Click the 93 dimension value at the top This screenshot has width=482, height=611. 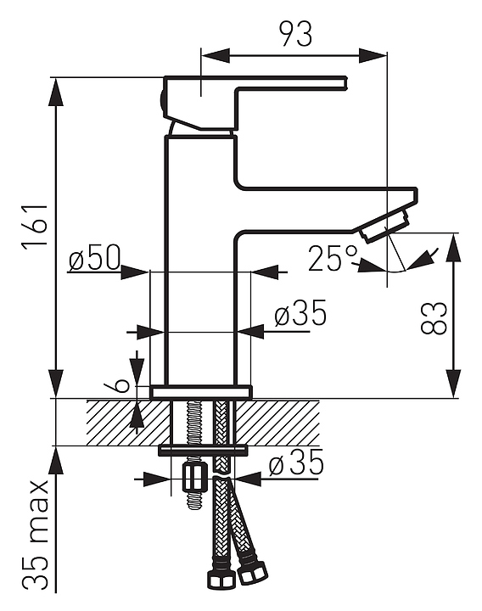click(296, 34)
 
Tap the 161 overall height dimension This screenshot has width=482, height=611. click(36, 225)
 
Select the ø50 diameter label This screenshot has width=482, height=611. click(95, 258)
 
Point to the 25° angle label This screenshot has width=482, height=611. click(333, 258)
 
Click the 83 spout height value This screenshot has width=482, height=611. click(434, 317)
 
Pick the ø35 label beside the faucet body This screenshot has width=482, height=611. click(300, 313)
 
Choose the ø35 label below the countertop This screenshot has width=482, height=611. click(296, 462)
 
